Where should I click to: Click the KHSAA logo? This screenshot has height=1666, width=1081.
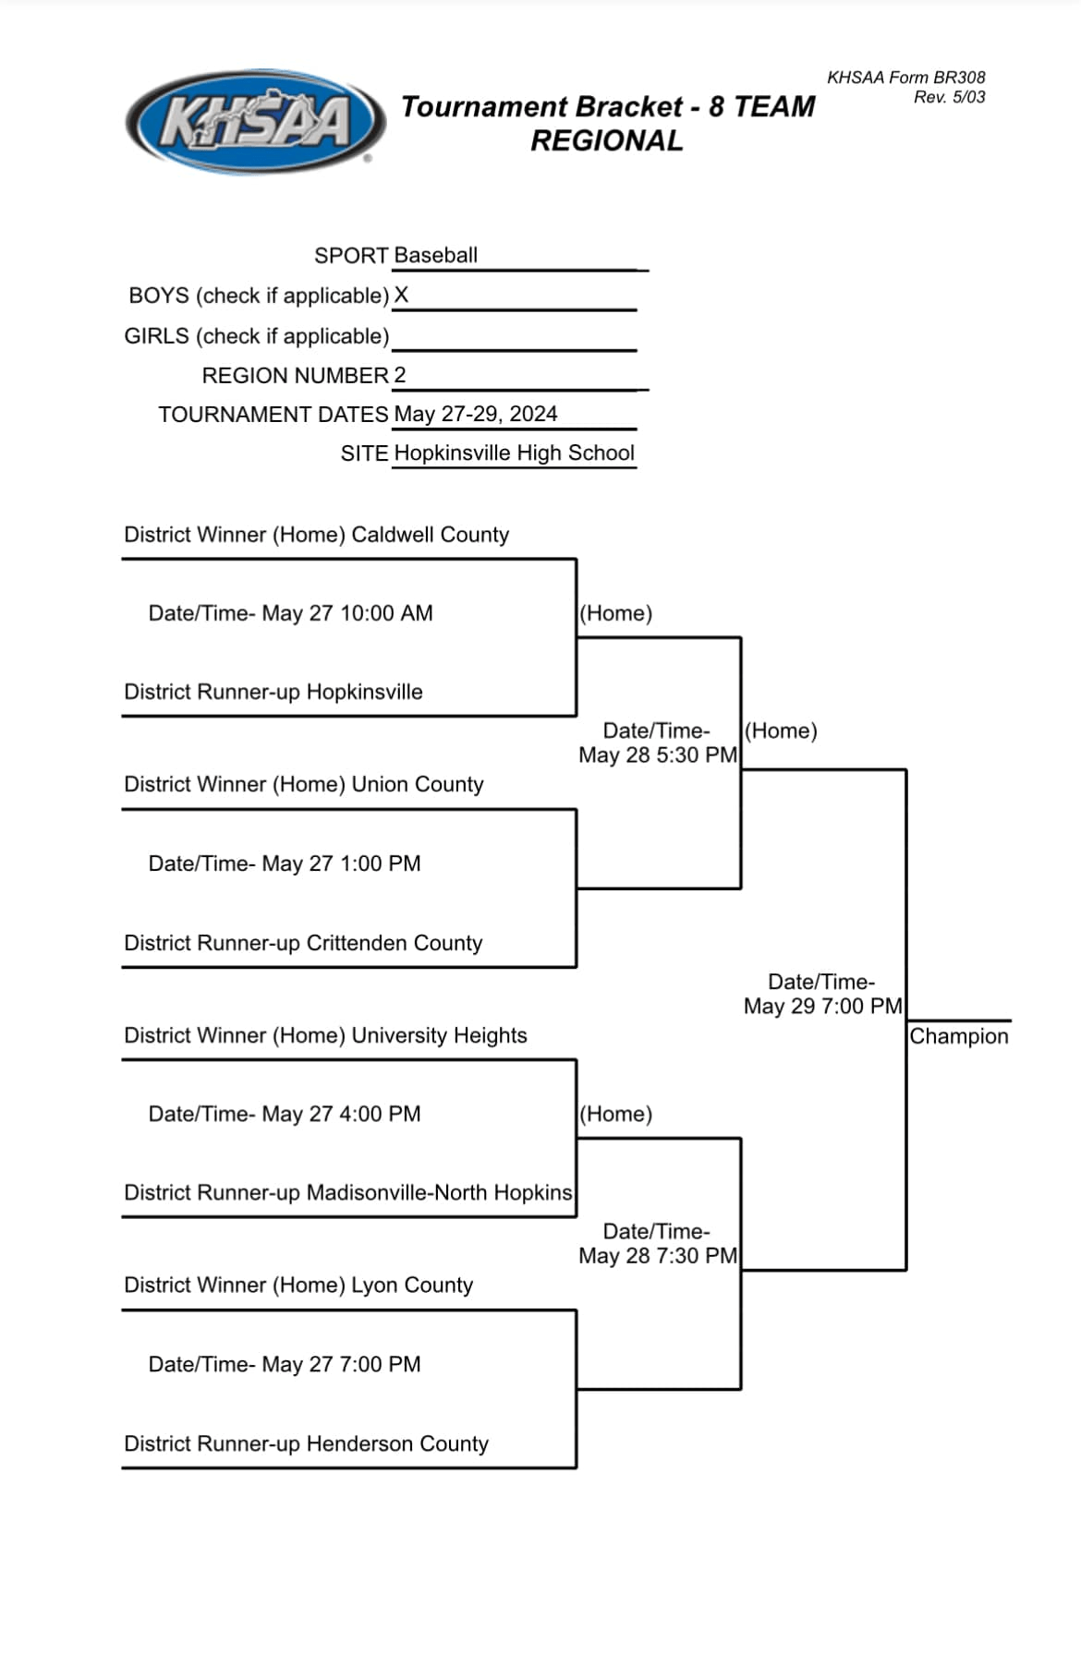coord(255,122)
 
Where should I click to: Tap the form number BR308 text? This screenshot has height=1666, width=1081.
coord(905,78)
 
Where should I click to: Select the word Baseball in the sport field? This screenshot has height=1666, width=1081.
coord(435,255)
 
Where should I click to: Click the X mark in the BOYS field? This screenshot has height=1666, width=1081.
coord(401,296)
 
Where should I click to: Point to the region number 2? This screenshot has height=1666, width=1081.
coord(400,375)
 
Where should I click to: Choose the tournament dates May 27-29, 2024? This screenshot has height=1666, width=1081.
coord(475,414)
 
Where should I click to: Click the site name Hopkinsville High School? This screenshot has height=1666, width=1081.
coord(514,453)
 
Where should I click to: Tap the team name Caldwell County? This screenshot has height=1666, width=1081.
coord(430,535)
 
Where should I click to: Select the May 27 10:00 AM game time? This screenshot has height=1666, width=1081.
coord(346,613)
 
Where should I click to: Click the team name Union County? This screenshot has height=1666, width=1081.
coord(418,784)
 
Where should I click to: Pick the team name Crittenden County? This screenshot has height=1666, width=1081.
coord(394,943)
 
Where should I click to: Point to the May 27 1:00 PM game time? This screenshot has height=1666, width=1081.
coord(341,863)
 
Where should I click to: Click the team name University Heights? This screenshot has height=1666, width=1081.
coord(439,1035)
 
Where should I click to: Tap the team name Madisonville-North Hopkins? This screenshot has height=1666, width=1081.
coord(439,1192)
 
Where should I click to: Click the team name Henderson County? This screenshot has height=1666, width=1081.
coord(396,1443)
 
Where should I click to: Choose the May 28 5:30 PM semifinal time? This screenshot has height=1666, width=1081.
coord(657,755)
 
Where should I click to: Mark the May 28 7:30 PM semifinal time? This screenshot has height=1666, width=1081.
coord(657,1256)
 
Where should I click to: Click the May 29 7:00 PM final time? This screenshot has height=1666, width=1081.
coord(822,1006)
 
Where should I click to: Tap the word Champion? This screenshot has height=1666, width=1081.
coord(958,1036)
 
